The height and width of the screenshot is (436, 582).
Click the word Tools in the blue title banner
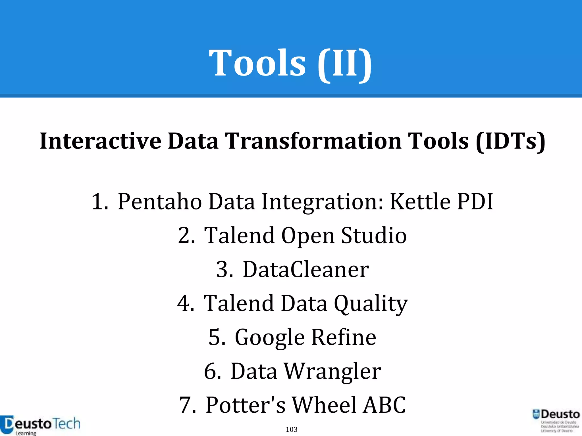(x=257, y=63)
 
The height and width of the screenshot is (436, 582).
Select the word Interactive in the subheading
(x=100, y=141)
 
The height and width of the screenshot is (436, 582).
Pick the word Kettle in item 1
(x=420, y=202)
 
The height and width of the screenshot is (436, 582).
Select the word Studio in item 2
(x=374, y=236)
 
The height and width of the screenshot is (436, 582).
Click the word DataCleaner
(x=306, y=269)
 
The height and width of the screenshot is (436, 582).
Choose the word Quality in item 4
(x=371, y=304)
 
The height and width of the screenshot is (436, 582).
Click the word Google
(x=270, y=338)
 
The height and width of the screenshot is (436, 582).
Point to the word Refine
(x=344, y=337)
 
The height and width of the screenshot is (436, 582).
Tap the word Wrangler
(x=332, y=372)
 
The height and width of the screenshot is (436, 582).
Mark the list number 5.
(x=217, y=337)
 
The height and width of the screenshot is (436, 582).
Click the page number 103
(x=292, y=429)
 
